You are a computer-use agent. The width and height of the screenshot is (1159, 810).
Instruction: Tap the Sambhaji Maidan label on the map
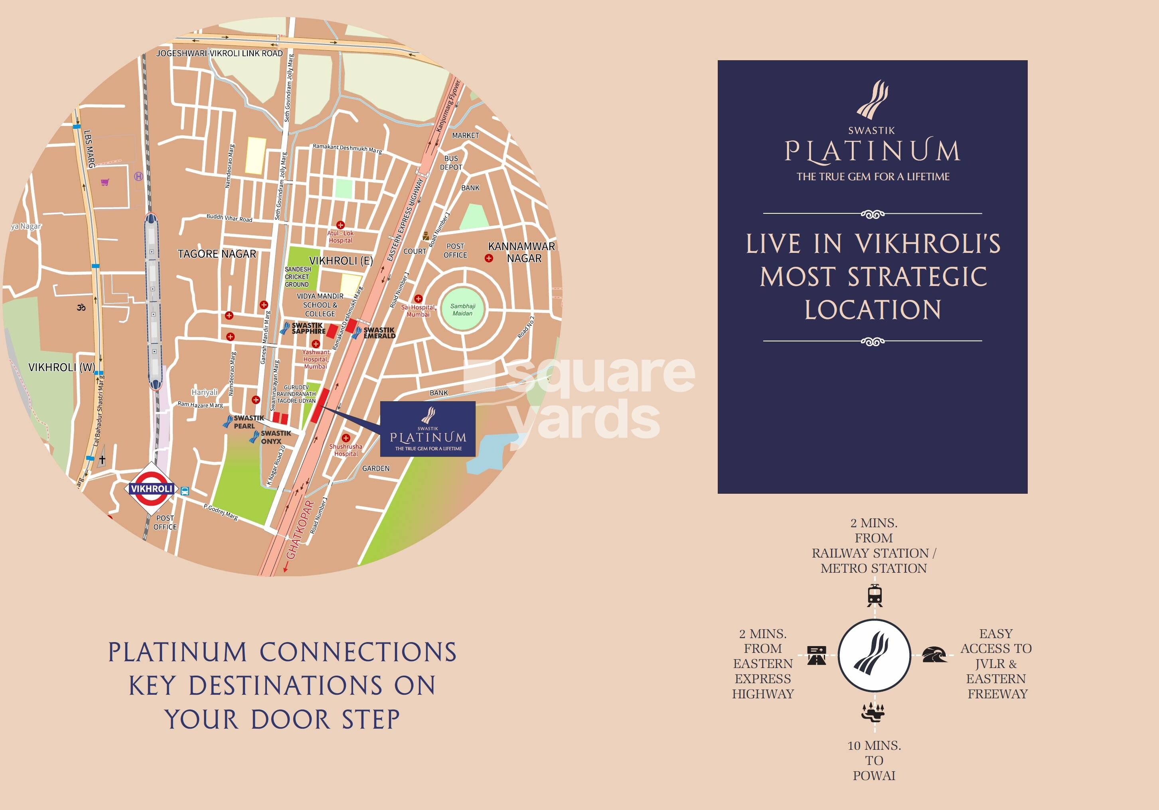(x=462, y=309)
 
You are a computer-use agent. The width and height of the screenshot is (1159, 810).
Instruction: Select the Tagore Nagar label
(x=217, y=254)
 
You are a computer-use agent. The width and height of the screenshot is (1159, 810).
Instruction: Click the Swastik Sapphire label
(x=308, y=329)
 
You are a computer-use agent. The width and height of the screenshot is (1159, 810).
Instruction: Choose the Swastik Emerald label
(x=379, y=333)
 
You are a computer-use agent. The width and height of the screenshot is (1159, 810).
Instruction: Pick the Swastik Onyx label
(x=276, y=437)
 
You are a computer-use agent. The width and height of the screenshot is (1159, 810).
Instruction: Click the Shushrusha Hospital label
(x=346, y=449)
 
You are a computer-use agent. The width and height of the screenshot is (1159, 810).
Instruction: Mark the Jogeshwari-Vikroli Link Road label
(x=219, y=53)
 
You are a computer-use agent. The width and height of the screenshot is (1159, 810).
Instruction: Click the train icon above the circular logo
(x=875, y=595)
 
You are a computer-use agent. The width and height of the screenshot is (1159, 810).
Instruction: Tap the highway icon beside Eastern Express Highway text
(x=816, y=656)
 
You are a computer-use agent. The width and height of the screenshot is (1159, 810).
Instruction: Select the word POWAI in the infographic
(x=874, y=776)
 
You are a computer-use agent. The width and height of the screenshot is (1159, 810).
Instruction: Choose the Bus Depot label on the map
(x=451, y=162)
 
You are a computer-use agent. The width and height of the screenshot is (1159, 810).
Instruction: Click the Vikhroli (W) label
(x=61, y=367)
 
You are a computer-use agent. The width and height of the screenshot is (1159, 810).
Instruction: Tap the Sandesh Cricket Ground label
(x=297, y=276)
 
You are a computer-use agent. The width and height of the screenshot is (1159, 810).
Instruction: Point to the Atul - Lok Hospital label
(x=341, y=236)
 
